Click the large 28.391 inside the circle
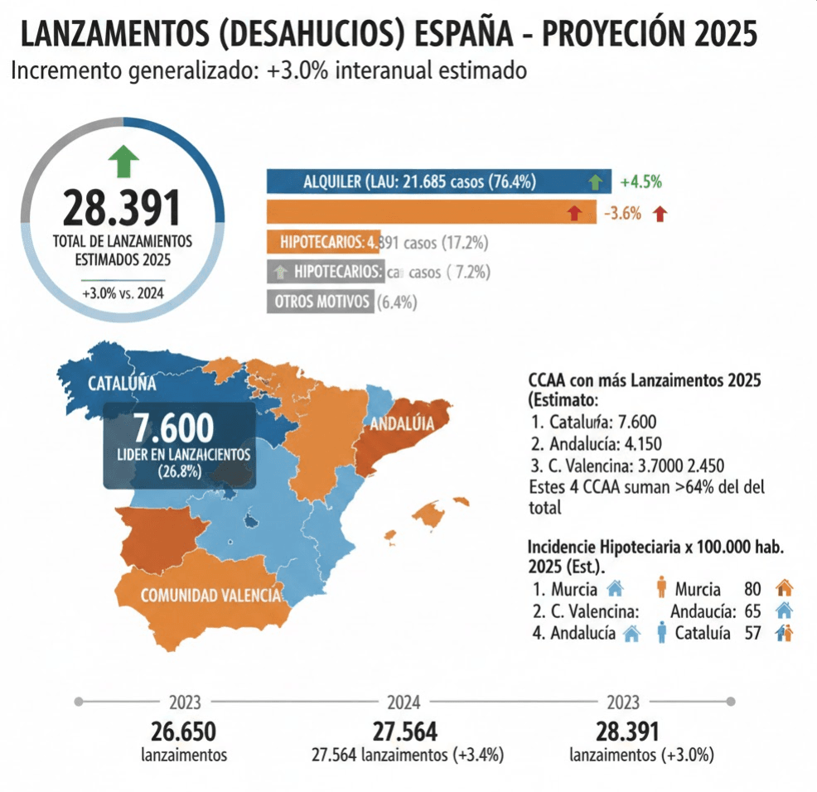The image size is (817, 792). click(x=121, y=208)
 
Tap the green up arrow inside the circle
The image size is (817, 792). click(x=123, y=160)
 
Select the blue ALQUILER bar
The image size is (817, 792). click(x=438, y=181)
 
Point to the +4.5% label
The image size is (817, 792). click(x=640, y=182)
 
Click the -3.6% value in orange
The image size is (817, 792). click(x=622, y=214)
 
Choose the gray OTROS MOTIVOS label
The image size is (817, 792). click(x=319, y=302)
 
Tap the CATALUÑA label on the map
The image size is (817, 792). click(x=122, y=384)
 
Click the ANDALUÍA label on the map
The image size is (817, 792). click(x=401, y=424)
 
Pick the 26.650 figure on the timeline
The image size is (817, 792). click(x=184, y=732)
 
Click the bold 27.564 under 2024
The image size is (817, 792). click(x=404, y=732)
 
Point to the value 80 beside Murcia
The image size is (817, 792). click(x=752, y=590)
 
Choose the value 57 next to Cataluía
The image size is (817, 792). click(x=752, y=634)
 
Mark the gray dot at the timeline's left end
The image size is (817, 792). click(x=79, y=702)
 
